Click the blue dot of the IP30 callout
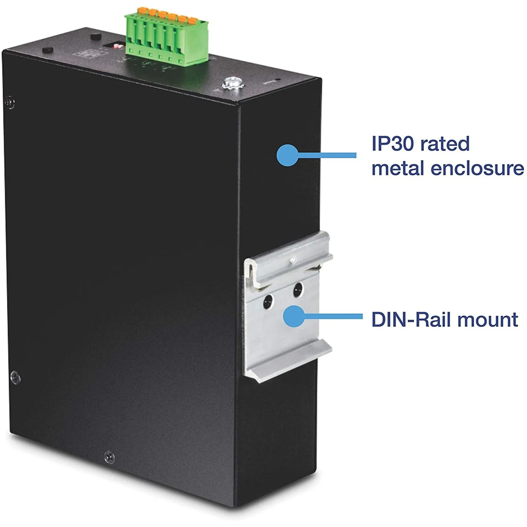(x=287, y=155)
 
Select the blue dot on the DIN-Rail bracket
(x=294, y=316)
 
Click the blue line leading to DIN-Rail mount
(x=332, y=316)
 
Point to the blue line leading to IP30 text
(x=326, y=155)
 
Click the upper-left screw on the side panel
(x=10, y=103)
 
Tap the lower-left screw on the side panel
(x=15, y=378)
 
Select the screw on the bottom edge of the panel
(x=110, y=457)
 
